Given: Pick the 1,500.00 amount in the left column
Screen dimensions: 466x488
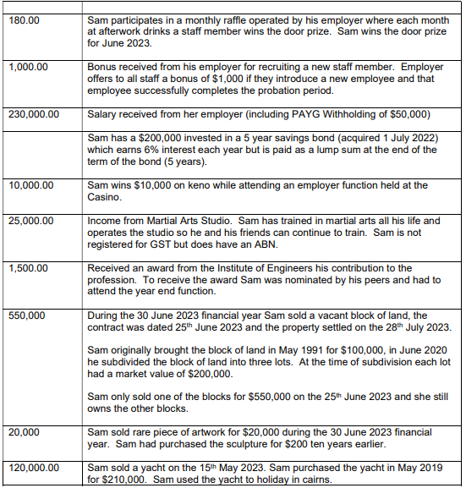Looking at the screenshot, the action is coord(27,268).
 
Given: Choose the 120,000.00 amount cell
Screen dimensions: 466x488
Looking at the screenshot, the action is coord(34,466).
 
